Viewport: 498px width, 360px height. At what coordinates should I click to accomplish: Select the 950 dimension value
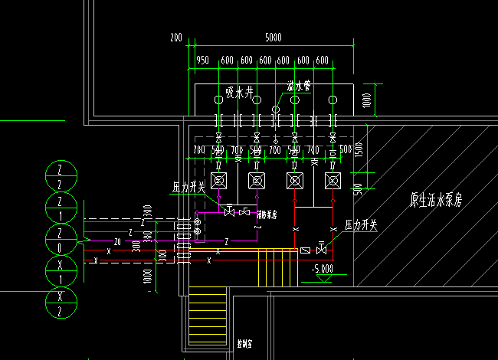coord(202,61)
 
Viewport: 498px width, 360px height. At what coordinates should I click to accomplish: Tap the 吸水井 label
coord(238,93)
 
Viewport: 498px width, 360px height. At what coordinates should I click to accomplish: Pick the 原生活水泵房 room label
coord(436,201)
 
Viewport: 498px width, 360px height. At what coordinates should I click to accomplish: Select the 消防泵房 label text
coord(267,214)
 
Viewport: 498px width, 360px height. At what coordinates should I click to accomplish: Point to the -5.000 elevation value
coord(323,269)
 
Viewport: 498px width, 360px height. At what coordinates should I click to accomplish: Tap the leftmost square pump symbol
coord(219,181)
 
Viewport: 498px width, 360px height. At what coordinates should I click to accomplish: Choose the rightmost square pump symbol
coord(333,181)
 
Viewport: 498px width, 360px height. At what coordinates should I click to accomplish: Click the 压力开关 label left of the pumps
coord(188,186)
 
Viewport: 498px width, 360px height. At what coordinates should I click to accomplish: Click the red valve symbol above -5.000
coord(322,249)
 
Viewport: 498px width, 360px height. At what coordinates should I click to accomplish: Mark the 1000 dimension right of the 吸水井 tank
coord(367,99)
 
